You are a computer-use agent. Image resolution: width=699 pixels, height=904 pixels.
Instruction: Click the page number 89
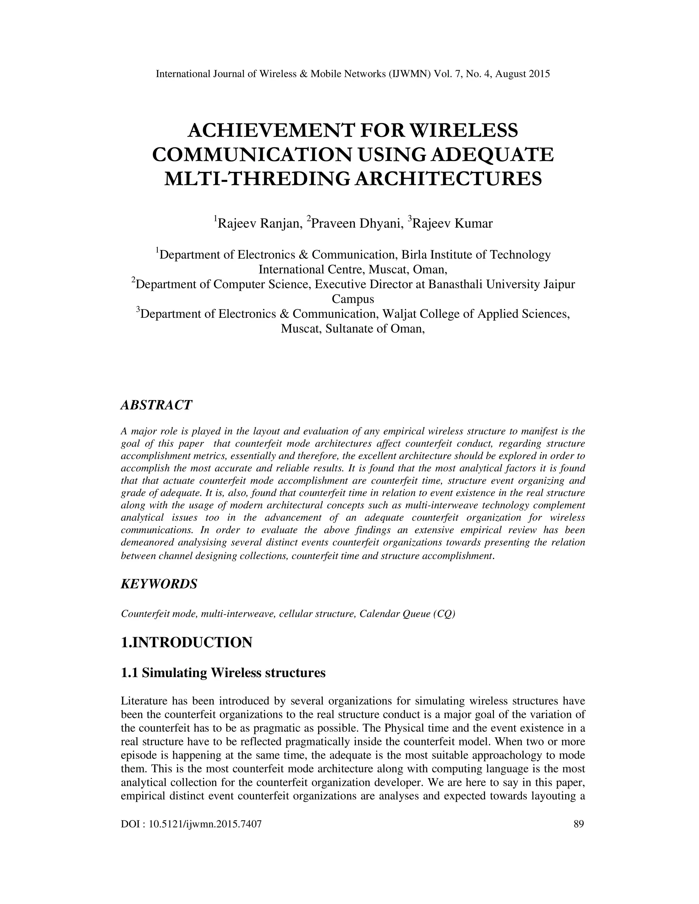pyautogui.click(x=579, y=824)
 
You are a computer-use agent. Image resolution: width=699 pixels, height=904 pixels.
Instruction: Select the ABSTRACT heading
pyautogui.click(x=156, y=405)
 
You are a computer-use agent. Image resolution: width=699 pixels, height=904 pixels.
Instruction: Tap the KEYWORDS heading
pyautogui.click(x=159, y=584)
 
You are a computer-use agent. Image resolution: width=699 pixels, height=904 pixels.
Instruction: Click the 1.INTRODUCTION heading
pyautogui.click(x=186, y=642)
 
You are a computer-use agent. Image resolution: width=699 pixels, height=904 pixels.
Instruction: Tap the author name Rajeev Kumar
pyautogui.click(x=453, y=223)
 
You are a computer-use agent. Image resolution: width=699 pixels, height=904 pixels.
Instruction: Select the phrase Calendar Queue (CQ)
pyautogui.click(x=407, y=613)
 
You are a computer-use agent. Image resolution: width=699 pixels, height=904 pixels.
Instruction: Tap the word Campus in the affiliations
pyautogui.click(x=353, y=299)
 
